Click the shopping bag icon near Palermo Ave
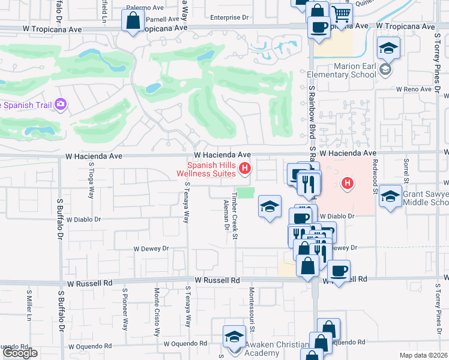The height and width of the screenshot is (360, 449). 131,21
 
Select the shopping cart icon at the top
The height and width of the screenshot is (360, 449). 341,13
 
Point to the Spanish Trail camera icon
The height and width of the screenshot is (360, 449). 60,105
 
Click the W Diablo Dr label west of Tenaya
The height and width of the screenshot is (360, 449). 83,220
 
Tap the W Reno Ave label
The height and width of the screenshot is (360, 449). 414,89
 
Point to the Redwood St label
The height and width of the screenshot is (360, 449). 375,181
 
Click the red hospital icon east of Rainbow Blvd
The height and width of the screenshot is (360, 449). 346,183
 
